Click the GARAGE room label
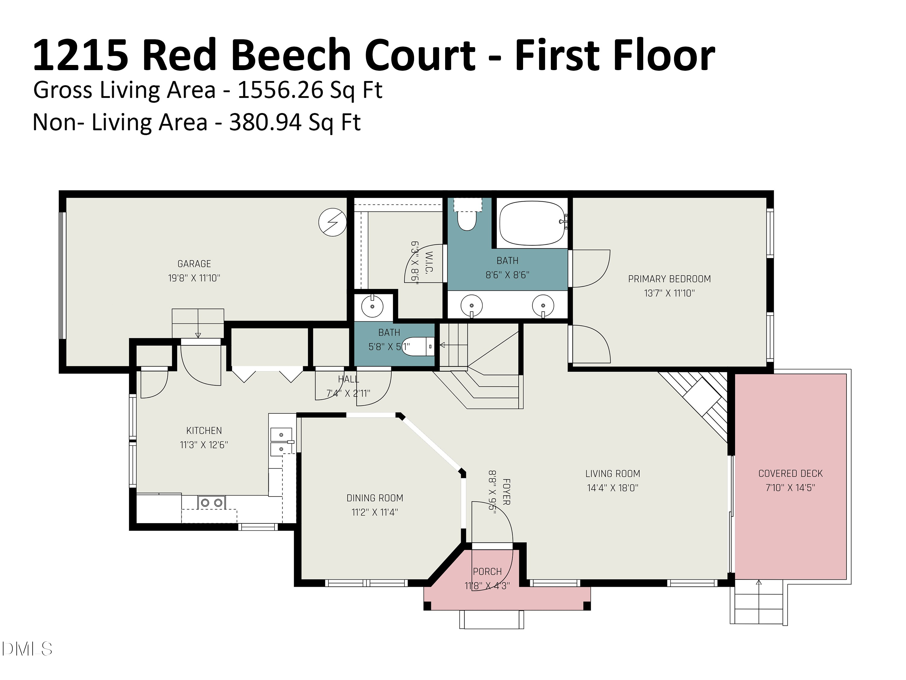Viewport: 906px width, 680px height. coord(194,264)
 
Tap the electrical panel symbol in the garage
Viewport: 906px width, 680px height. coord(332,222)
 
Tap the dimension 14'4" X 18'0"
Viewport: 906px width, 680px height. coord(612,488)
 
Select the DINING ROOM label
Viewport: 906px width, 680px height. coord(375,498)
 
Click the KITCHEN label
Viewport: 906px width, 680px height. coord(204,431)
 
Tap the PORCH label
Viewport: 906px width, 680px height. coord(487,572)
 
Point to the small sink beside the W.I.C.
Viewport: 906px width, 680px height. coord(372,306)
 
